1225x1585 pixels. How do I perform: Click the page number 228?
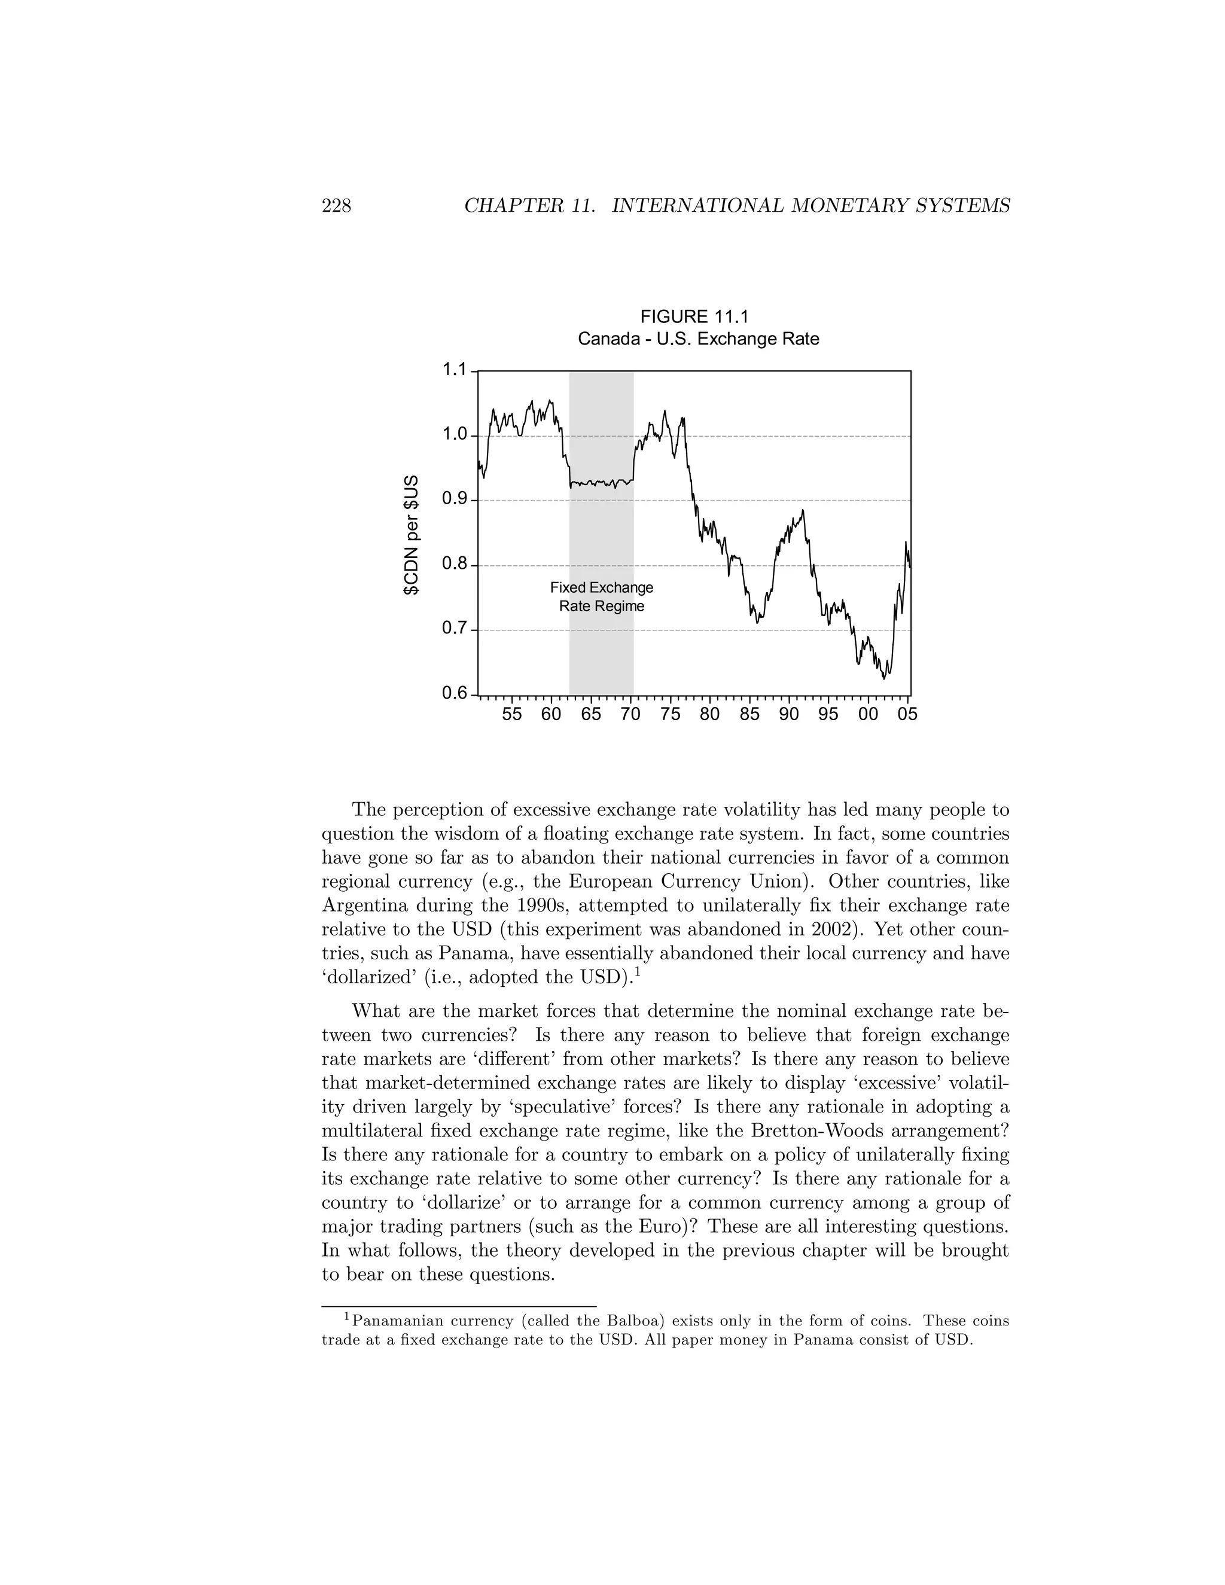pos(336,206)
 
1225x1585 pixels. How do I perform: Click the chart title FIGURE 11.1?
pos(694,316)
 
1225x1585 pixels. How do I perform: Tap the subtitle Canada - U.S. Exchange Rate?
pos(698,339)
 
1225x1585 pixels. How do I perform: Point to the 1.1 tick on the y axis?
pos(455,370)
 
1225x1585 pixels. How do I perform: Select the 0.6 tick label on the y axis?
pos(455,693)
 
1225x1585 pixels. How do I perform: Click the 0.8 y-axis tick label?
pos(455,564)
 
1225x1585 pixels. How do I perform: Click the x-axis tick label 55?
pos(511,714)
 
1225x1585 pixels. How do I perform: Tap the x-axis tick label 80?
pos(710,714)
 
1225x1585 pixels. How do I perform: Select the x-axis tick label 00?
pos(868,714)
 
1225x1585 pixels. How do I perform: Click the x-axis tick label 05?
pos(907,714)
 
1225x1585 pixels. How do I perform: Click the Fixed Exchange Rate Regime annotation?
pos(602,596)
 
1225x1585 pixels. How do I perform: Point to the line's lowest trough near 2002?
pos(884,678)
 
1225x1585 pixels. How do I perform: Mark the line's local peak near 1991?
pos(803,510)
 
